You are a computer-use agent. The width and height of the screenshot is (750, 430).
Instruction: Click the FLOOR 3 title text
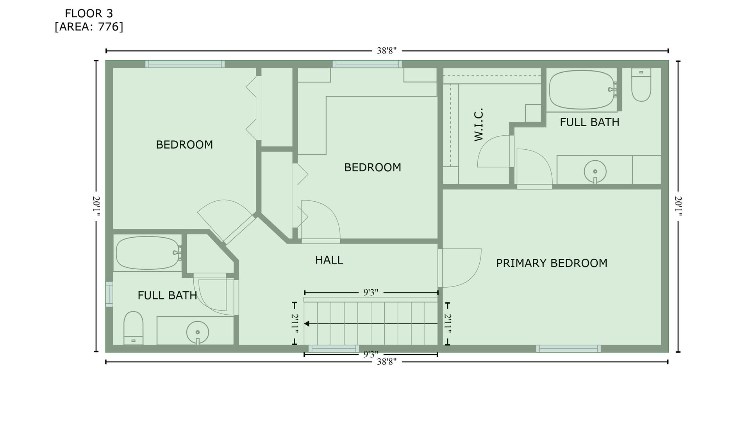tap(89, 14)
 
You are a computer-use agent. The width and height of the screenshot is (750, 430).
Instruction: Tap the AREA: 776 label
tap(89, 27)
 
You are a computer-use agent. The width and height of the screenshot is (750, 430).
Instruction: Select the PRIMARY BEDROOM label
tap(552, 263)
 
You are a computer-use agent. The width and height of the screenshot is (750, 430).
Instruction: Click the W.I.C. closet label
tap(479, 124)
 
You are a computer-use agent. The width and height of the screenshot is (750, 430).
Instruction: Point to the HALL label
tap(329, 260)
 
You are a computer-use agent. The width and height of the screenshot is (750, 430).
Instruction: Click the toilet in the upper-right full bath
tap(641, 85)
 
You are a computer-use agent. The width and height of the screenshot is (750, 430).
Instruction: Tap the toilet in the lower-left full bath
tap(133, 328)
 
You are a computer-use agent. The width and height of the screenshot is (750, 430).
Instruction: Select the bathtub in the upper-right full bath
tap(582, 90)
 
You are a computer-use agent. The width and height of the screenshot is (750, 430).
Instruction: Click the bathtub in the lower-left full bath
tap(148, 253)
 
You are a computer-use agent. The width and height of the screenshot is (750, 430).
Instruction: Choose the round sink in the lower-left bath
tap(198, 332)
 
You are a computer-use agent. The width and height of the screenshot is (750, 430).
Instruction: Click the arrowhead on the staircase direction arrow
tap(307, 324)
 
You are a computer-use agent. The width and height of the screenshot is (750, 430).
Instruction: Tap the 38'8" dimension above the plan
tap(387, 51)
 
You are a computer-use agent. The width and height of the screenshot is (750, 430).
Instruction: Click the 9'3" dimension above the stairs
tap(371, 292)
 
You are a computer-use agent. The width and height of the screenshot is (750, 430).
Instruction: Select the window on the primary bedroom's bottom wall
tap(568, 349)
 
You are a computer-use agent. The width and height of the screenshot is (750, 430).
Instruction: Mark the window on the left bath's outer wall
tap(109, 294)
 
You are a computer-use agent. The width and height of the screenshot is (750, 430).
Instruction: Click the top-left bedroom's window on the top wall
tap(185, 64)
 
